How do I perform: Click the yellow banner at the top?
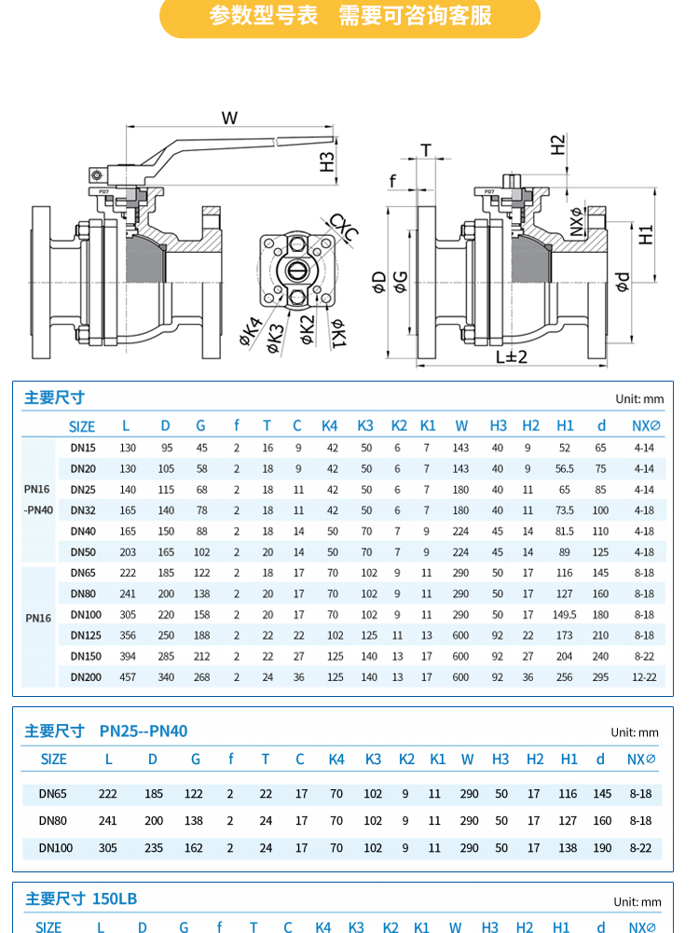349,17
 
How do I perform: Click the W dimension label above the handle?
230,118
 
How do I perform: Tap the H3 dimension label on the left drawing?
327,160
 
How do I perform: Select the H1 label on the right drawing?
647,233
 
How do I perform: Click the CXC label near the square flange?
343,229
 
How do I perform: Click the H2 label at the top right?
558,145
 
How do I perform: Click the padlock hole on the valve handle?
95,174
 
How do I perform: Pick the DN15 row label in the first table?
83,448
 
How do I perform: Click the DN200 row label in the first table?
86,676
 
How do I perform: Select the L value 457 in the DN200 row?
128,676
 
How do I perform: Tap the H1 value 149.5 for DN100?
565,615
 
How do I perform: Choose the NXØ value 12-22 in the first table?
644,676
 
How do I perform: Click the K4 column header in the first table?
330,425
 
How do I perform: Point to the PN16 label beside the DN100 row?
38,618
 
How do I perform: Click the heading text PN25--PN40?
144,731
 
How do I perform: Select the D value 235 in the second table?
154,847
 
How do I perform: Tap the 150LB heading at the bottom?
115,898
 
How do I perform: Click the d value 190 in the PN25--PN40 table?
602,847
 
